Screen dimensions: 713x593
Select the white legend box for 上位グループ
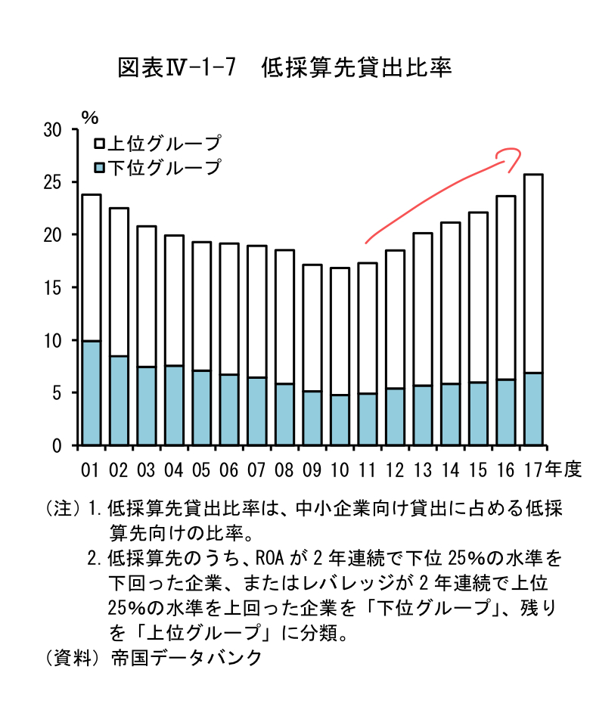[x=98, y=144]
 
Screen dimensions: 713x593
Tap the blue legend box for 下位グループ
[x=98, y=167]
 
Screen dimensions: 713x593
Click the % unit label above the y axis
[x=90, y=117]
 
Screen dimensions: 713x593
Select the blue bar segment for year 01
[x=91, y=393]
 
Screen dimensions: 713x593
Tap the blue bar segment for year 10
[x=340, y=420]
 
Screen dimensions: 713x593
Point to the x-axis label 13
[x=422, y=470]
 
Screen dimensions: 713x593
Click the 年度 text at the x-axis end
[x=567, y=470]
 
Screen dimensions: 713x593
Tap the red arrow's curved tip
[x=514, y=154]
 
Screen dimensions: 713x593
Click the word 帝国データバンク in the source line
[x=185, y=657]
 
